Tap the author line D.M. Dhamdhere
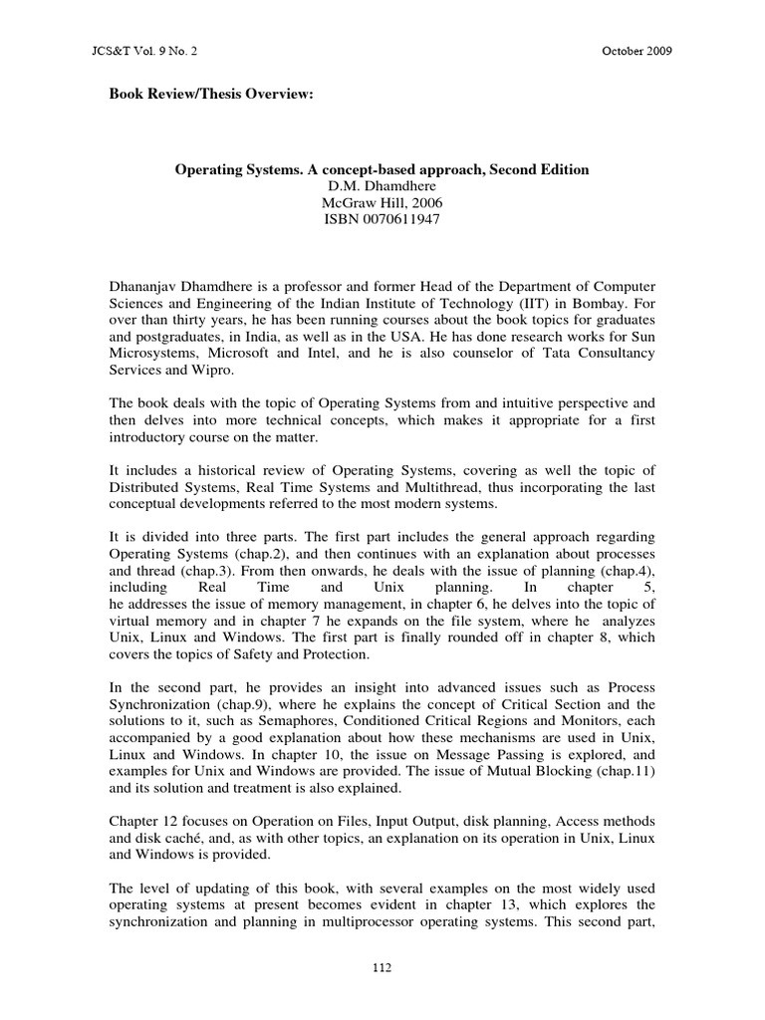(382, 186)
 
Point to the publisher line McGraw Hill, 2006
(382, 203)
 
